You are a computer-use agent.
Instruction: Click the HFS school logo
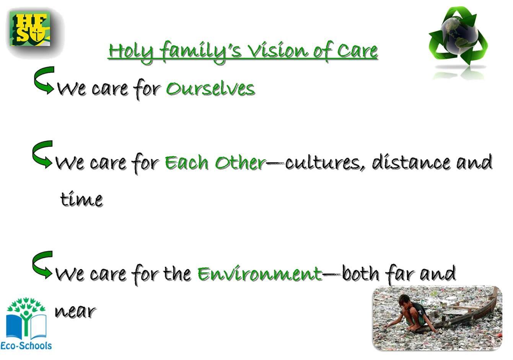[x=30, y=29]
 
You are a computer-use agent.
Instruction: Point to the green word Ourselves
[x=210, y=88]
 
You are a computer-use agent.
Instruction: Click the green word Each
[x=187, y=162]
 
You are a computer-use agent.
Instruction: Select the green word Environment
[x=260, y=273]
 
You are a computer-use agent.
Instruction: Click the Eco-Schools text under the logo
[x=26, y=345]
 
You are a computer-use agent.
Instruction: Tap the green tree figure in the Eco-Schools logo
[x=26, y=316]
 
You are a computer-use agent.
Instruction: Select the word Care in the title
[x=357, y=50]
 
